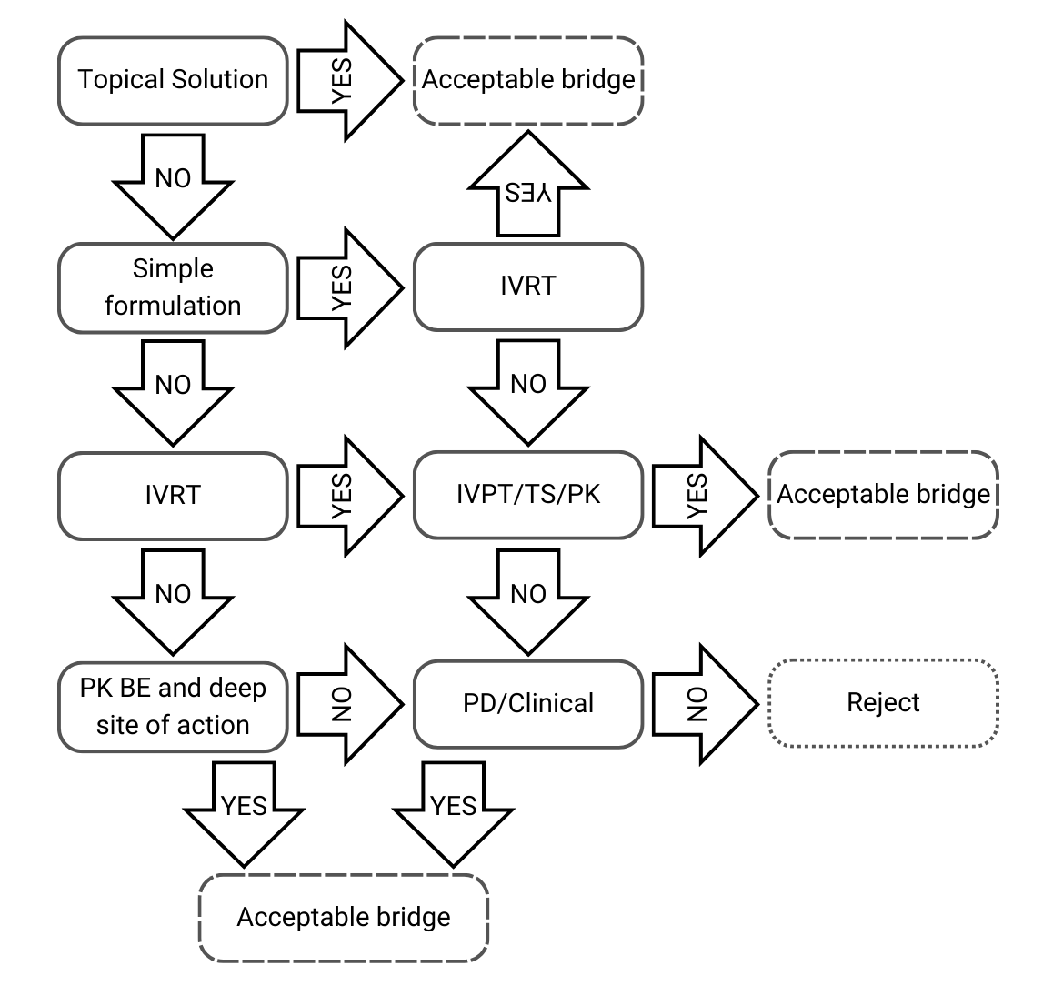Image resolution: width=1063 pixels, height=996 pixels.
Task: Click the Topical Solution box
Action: [x=173, y=80]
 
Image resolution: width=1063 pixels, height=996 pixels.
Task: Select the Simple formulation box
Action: [x=173, y=287]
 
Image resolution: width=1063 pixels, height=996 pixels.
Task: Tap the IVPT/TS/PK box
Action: [x=528, y=495]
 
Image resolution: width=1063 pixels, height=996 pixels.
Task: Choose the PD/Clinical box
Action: [x=528, y=703]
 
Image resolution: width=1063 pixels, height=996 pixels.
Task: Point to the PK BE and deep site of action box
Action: [x=173, y=706]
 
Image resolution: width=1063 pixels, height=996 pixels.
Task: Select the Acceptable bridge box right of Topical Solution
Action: [x=528, y=80]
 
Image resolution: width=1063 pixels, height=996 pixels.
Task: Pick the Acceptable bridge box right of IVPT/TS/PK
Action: [x=883, y=495]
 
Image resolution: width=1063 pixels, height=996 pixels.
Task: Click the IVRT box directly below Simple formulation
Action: [x=173, y=495]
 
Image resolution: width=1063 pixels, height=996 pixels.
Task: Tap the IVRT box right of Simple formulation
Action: [x=528, y=287]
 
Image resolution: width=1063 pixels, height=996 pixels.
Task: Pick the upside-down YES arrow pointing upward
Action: [x=528, y=186]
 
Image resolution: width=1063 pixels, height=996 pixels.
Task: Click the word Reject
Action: [x=883, y=703]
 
